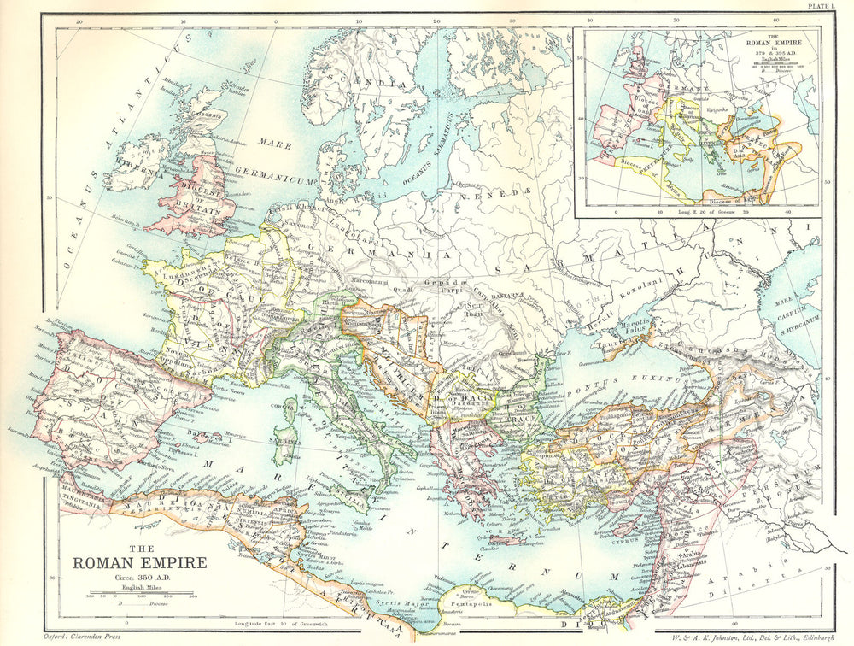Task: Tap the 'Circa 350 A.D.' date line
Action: pos(138,578)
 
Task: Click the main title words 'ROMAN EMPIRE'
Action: pos(139,562)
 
